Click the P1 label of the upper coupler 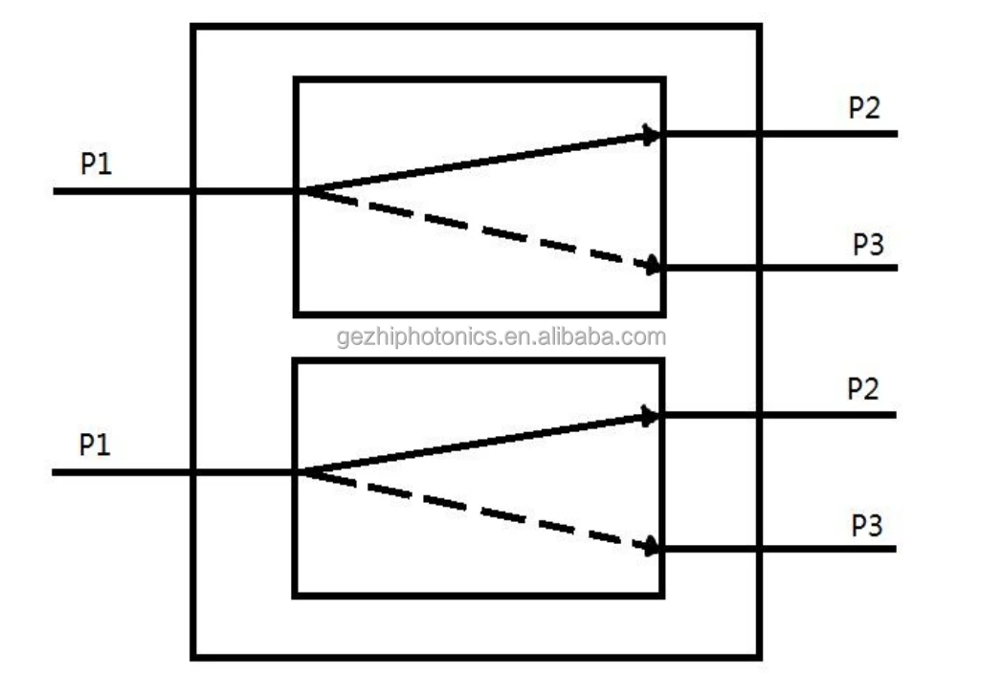[96, 164]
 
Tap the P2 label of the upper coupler [864, 109]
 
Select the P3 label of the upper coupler [868, 245]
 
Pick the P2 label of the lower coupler [863, 390]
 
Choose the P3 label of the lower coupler [867, 526]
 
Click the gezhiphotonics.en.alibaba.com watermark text [501, 337]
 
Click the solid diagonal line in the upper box [479, 163]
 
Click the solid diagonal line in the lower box [479, 444]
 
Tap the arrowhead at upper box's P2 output [652, 136]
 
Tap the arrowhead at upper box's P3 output [653, 265]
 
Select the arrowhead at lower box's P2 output [651, 416]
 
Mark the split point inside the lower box [301, 471]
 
